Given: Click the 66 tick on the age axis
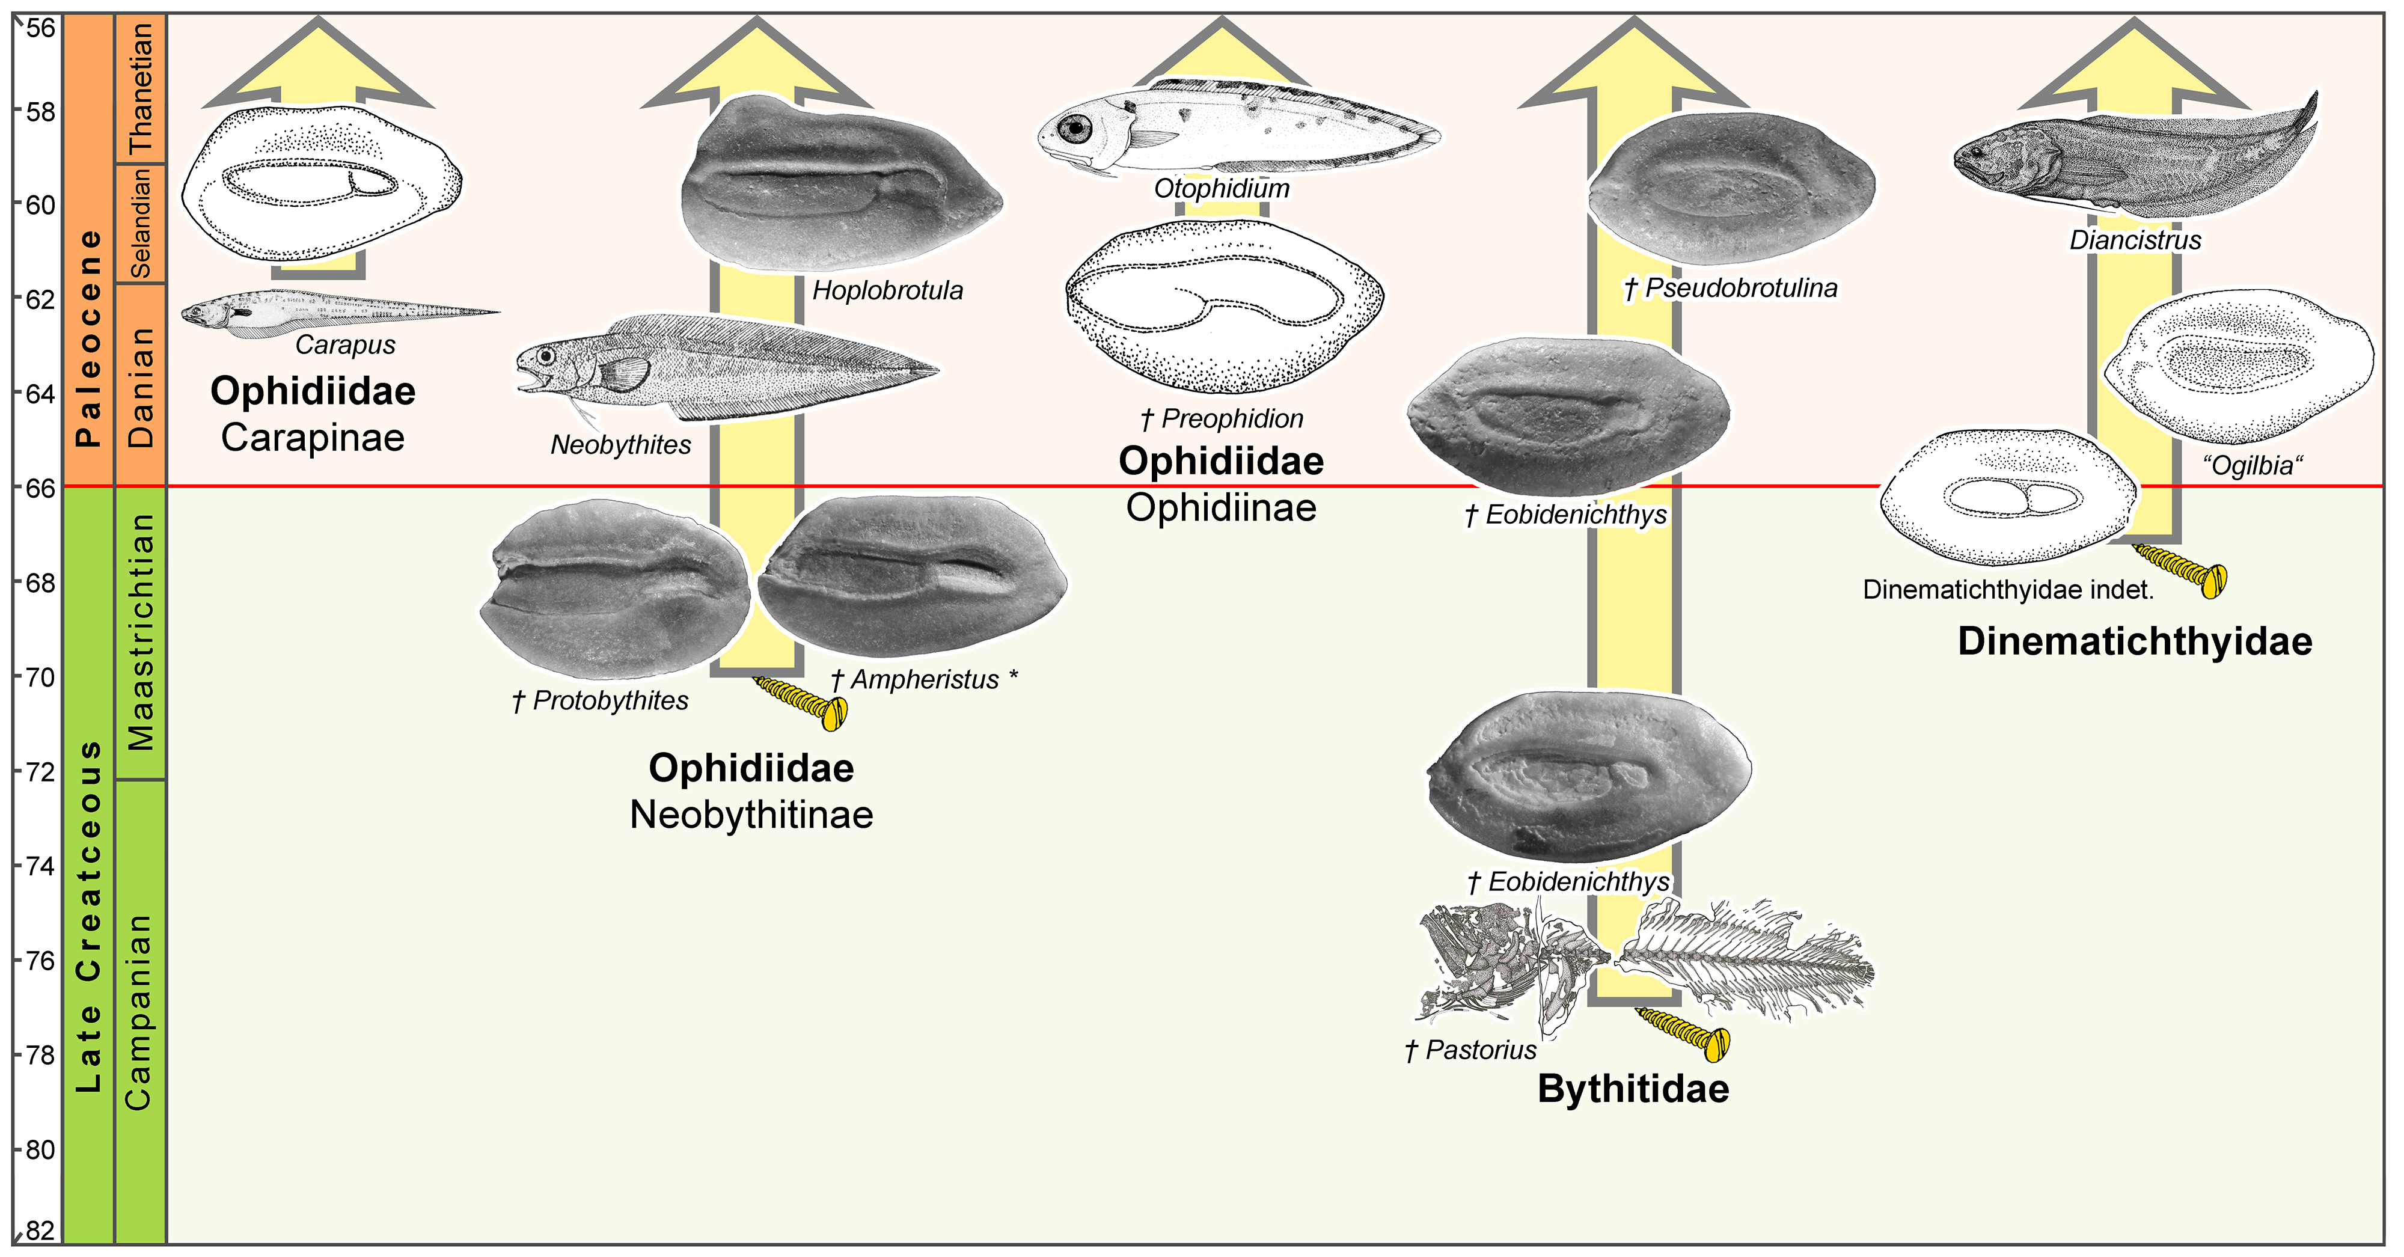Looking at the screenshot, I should click(x=39, y=487).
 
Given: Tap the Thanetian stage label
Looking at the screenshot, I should click(x=140, y=88).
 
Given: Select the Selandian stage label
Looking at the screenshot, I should click(x=140, y=224).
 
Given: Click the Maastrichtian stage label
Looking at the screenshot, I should click(x=140, y=632).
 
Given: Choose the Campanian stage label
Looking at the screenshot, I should click(x=138, y=1012).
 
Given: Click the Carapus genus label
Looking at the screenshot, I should click(x=345, y=344).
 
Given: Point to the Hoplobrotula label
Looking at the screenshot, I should click(x=887, y=290).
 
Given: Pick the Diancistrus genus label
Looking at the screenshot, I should click(x=2135, y=240).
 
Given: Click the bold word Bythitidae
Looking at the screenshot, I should click(x=1633, y=1089).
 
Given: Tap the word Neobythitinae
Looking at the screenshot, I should click(x=751, y=815).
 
